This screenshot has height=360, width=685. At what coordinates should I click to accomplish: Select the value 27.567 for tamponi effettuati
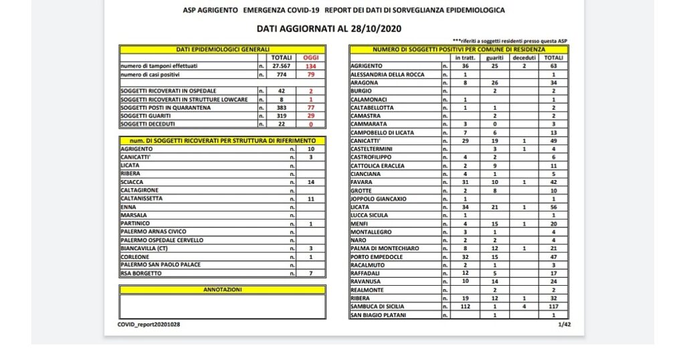280,66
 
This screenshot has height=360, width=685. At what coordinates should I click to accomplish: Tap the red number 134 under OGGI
310,66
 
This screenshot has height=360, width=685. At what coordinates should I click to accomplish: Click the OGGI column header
310,58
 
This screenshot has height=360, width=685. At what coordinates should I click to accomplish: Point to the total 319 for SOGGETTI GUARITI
280,116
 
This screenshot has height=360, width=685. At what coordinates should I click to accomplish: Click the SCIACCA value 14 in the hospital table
310,182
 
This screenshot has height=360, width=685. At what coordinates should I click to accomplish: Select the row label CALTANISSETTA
141,199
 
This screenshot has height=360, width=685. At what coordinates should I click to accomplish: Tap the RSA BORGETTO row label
140,273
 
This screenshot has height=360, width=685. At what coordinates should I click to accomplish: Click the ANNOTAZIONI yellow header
222,290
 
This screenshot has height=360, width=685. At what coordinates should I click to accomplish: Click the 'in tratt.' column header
464,58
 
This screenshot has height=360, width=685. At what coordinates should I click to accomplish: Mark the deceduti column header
524,58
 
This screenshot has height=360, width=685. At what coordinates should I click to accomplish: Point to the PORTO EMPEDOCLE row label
379,256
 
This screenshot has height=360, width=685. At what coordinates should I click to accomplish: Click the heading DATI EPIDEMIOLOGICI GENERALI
222,50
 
